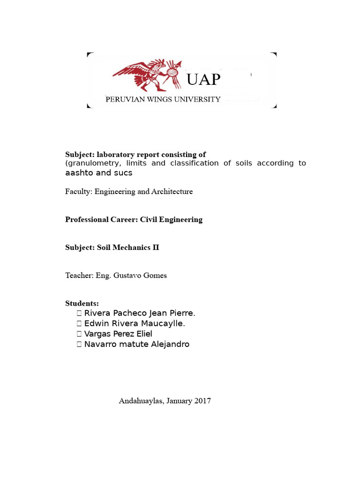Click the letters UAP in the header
[203, 80]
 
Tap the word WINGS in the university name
[157, 99]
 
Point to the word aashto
[79, 172]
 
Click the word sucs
[123, 172]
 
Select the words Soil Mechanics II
[128, 247]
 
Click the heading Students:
[82, 304]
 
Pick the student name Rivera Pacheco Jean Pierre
[139, 313]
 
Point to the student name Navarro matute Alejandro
[136, 344]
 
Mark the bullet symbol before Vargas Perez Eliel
[79, 334]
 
